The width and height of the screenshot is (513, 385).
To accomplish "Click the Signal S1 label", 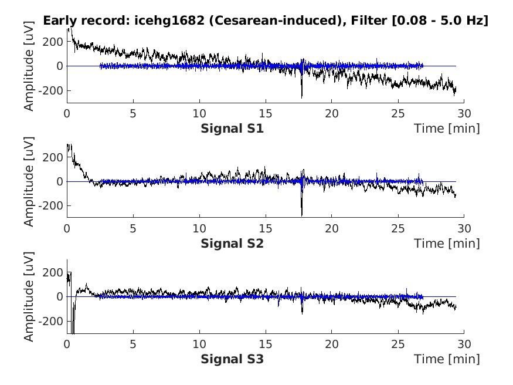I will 232,128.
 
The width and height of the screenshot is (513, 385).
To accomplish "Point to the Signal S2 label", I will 232,243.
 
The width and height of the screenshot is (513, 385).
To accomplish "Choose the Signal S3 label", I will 232,358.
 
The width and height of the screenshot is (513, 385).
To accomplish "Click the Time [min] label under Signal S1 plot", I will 447,128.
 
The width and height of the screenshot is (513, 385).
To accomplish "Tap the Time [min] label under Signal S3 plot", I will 447,358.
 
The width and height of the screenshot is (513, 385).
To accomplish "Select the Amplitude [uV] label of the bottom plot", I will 29,296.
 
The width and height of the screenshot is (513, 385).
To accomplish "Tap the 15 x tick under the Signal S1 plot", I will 266,113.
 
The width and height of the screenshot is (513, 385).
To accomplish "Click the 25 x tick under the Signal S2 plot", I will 399,228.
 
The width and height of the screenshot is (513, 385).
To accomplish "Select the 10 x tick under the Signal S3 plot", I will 200,343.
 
